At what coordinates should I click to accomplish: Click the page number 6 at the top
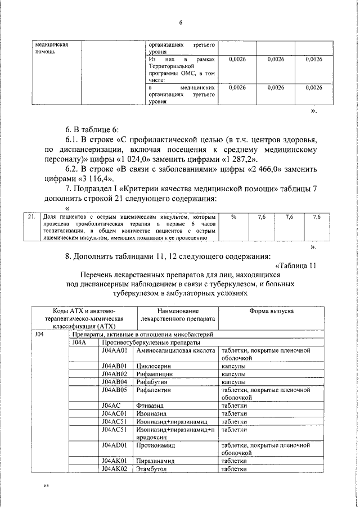(181, 22)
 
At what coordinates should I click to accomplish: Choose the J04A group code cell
(79, 358)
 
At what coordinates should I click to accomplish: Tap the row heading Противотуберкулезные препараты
(150, 358)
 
